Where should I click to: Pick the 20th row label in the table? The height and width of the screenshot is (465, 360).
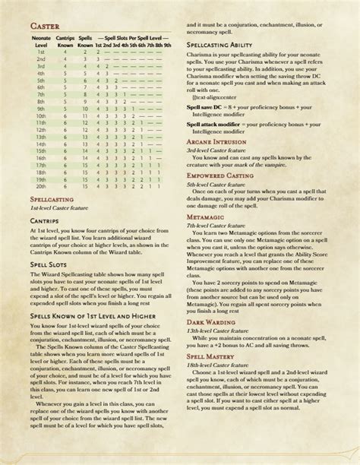(42, 185)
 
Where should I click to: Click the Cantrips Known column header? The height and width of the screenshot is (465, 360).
(65, 41)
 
